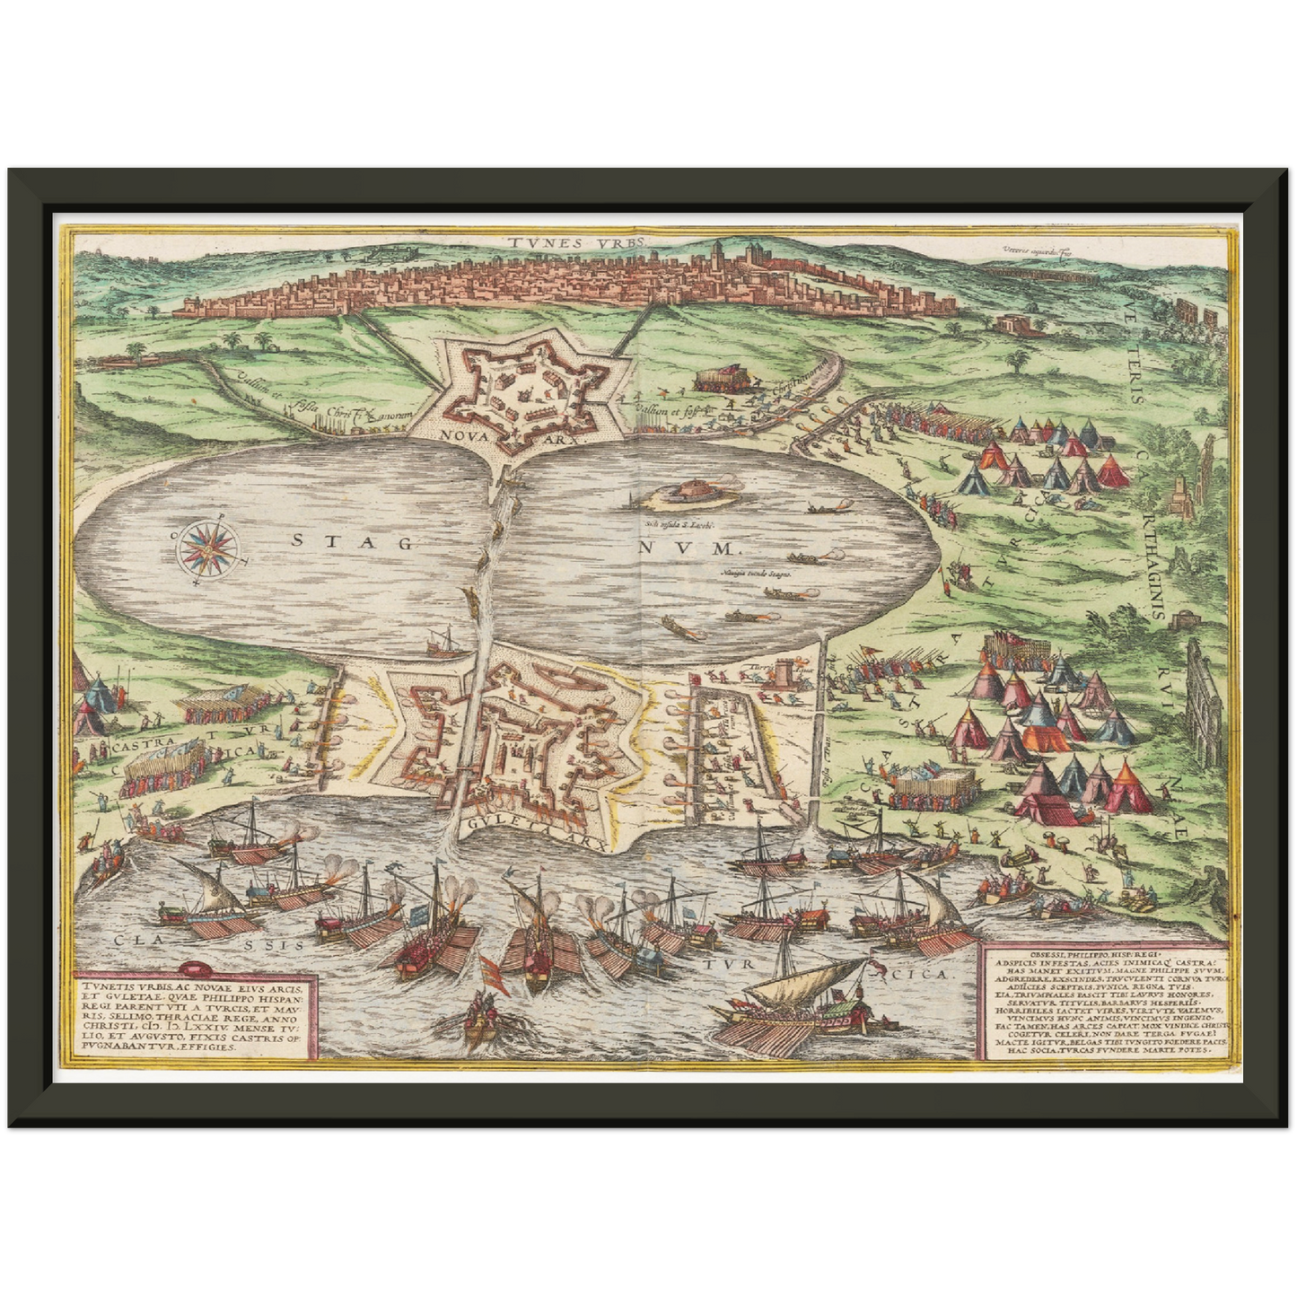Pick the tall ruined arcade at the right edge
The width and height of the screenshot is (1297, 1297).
(1202, 682)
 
